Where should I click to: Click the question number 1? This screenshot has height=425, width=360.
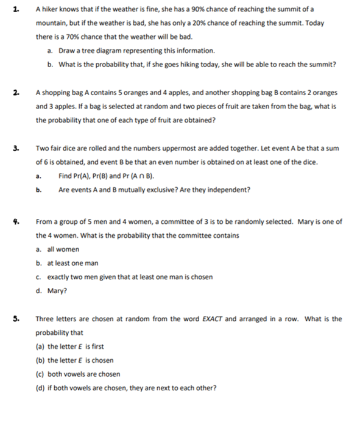click(x=14, y=10)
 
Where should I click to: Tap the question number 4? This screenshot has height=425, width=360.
click(x=15, y=221)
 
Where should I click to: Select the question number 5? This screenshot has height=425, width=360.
click(x=15, y=318)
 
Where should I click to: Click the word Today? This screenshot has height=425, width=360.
click(x=314, y=24)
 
